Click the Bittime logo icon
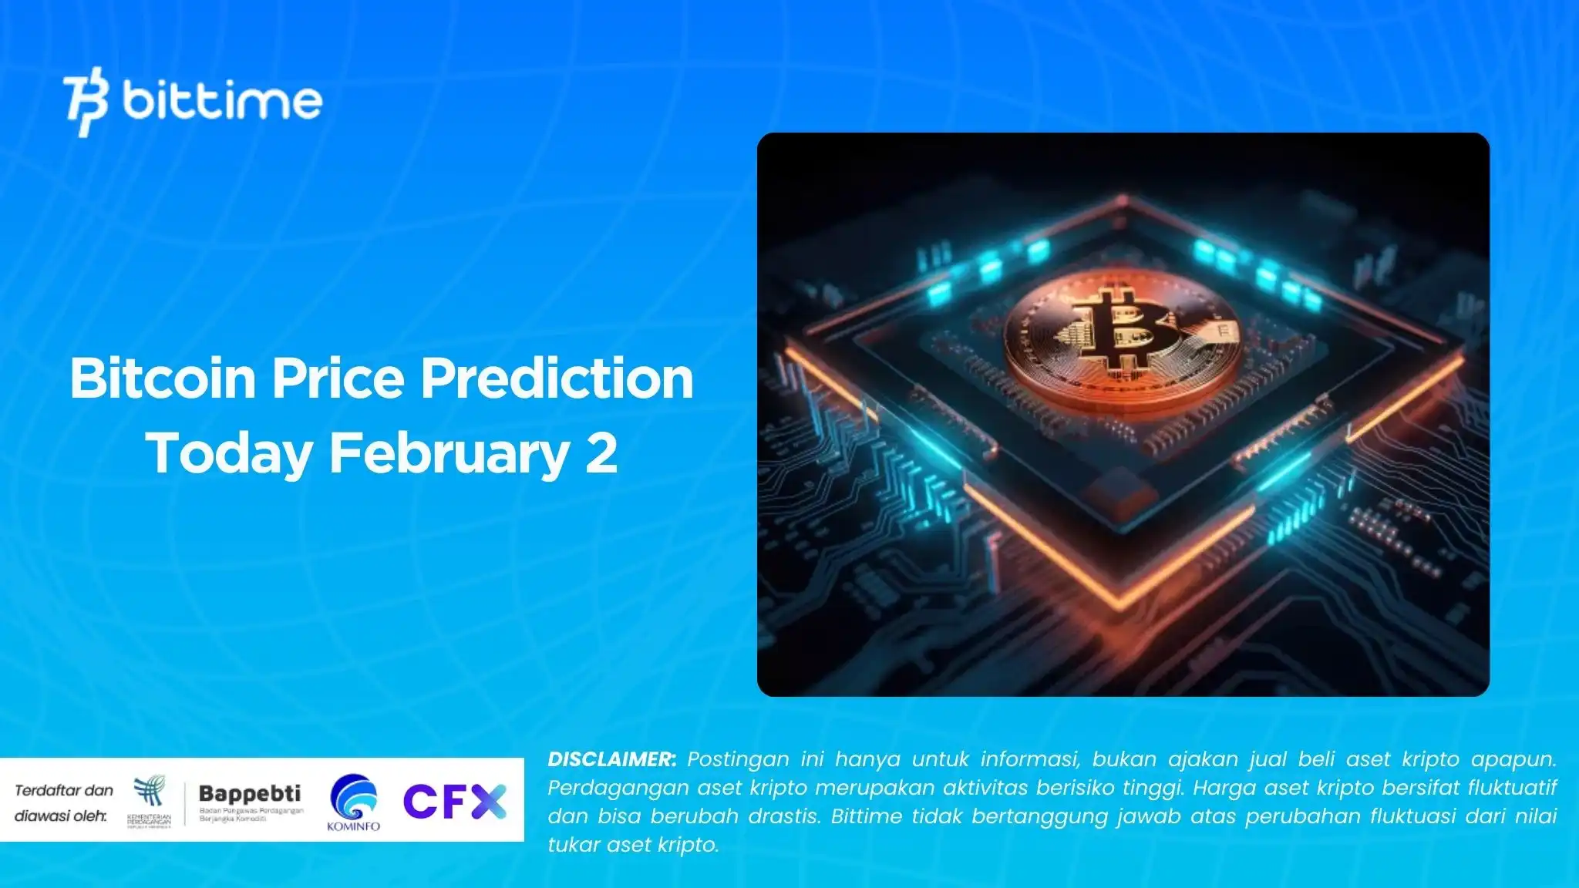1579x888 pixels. tap(85, 102)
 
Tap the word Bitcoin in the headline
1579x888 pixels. tap(163, 378)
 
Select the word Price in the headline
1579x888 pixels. tap(338, 378)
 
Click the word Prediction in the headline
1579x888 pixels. tap(557, 378)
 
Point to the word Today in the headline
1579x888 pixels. tap(229, 453)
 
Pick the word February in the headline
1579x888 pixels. tap(449, 453)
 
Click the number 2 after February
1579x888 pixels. tap(601, 453)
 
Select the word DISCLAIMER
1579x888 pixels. tap(612, 759)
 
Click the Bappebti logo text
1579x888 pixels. tap(250, 793)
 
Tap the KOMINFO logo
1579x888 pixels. tap(354, 802)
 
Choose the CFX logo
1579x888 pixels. tap(455, 802)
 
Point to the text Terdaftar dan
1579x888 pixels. tap(64, 790)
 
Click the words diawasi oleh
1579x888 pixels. tap(61, 816)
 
